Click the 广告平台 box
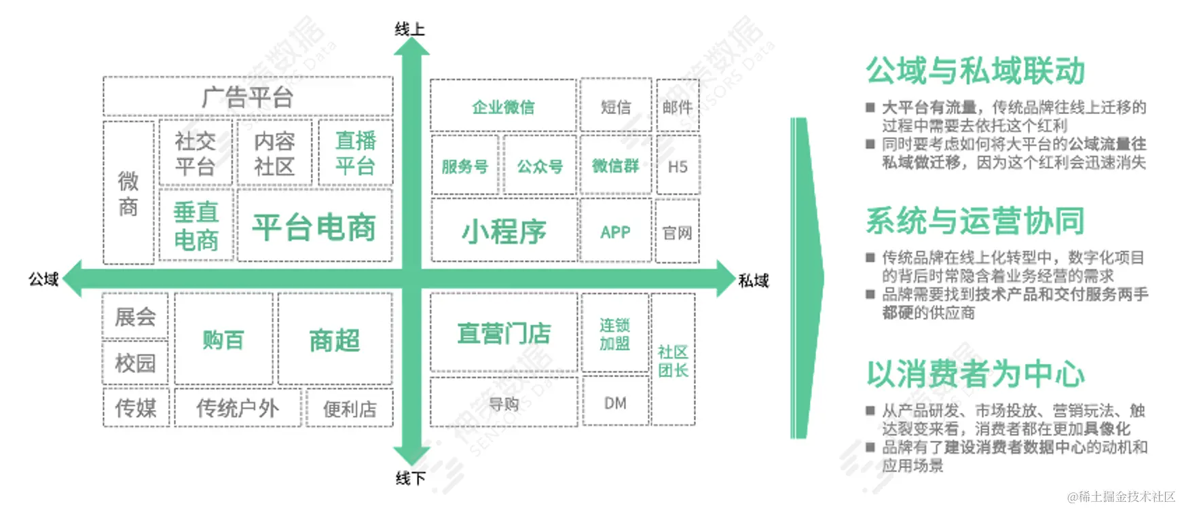(248, 97)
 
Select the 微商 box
(128, 193)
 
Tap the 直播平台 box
(355, 153)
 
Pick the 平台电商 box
(314, 227)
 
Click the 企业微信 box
(503, 107)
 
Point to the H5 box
(678, 166)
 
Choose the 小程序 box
(504, 232)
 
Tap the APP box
(615, 232)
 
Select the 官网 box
(677, 233)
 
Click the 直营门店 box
(504, 333)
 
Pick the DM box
(615, 403)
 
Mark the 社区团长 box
(673, 361)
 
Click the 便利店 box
(350, 409)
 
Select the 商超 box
(335, 340)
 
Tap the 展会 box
(135, 316)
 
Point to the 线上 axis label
(409, 29)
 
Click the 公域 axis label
(43, 279)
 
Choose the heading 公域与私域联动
(975, 71)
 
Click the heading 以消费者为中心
(975, 374)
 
